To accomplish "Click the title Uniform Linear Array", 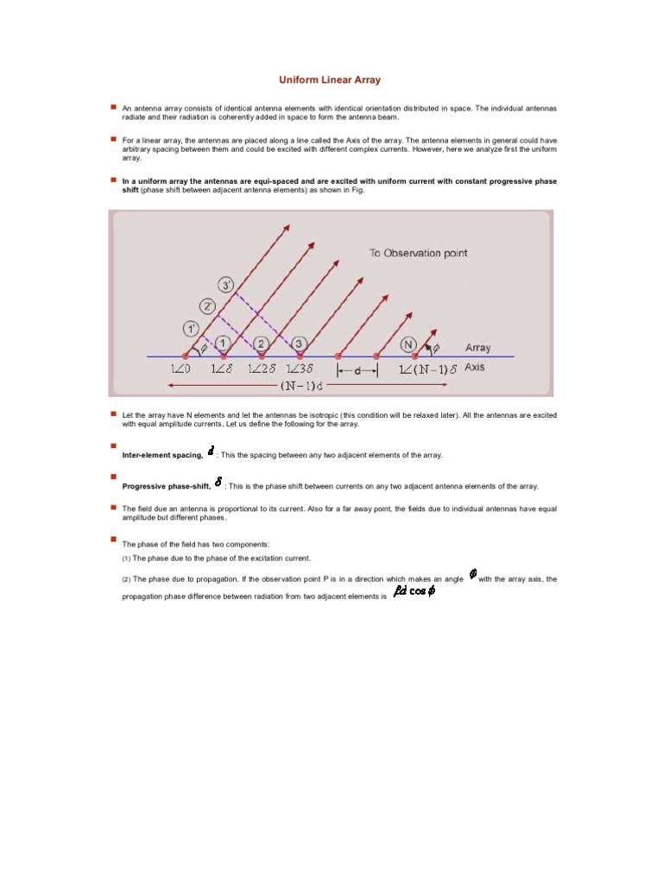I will click(x=329, y=79).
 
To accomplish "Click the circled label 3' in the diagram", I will click(x=226, y=285).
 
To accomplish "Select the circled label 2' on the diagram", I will click(x=208, y=306).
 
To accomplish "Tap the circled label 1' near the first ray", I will click(x=191, y=328).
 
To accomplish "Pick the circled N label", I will click(x=408, y=344).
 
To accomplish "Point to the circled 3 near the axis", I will click(x=298, y=344).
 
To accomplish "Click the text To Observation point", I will click(x=418, y=253).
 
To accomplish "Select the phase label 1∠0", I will click(x=184, y=369).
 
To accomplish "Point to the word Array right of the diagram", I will click(x=477, y=348).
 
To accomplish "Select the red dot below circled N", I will click(x=414, y=356).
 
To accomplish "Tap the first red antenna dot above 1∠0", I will click(x=185, y=356).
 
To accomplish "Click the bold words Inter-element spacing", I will click(x=163, y=455).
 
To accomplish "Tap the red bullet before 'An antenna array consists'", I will click(x=112, y=106).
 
